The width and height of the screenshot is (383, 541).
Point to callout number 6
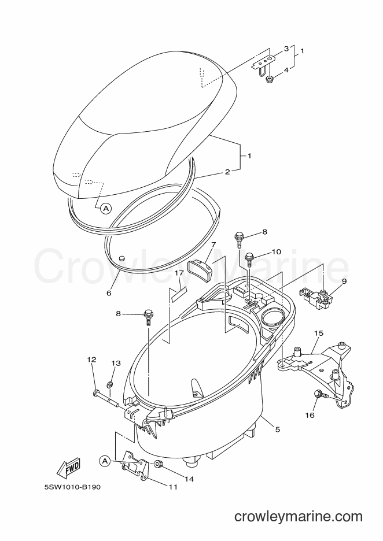pos(109,293)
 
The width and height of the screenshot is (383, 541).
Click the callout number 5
pos(277,429)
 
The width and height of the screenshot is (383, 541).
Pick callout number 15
pos(319,334)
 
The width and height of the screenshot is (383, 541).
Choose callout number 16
pos(310,415)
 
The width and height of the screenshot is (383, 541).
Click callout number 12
pos(91,360)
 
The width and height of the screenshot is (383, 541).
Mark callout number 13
pos(116,363)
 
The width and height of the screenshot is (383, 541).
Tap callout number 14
pos(189,479)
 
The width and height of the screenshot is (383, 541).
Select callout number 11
pos(173,487)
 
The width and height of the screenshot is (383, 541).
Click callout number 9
pos(344,281)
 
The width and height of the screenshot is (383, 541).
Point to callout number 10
pos(277,252)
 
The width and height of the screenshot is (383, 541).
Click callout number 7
pos(213,244)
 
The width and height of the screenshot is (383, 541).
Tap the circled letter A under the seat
pos(106,208)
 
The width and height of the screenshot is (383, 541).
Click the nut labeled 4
pos(269,80)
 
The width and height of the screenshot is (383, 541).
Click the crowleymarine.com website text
pos(298,517)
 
